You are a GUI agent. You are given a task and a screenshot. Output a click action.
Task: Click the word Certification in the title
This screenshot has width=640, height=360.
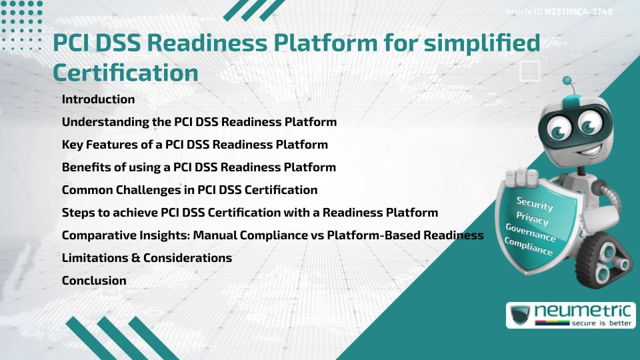[125, 72]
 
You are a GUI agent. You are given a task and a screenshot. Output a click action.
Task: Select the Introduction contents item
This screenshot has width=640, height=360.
[98, 99]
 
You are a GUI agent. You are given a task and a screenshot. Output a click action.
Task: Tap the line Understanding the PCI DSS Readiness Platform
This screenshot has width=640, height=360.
[199, 122]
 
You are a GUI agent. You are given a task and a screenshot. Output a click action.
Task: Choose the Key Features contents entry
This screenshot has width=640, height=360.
[195, 145]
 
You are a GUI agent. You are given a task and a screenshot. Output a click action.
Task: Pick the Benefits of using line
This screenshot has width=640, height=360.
[199, 167]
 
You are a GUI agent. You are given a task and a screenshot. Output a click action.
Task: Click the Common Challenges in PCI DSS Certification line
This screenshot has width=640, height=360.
[189, 190]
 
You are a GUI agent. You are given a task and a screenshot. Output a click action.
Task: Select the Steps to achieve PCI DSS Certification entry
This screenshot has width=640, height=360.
[249, 213]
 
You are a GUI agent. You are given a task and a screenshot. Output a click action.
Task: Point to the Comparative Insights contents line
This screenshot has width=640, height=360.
[272, 235]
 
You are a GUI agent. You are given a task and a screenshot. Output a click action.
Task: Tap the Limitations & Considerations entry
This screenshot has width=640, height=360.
[147, 258]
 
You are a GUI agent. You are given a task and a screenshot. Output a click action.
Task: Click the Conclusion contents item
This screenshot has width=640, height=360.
[94, 281]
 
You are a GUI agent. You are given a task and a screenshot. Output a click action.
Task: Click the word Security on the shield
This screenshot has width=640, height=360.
[535, 204]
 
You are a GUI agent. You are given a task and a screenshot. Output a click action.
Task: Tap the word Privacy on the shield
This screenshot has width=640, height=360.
[532, 219]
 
